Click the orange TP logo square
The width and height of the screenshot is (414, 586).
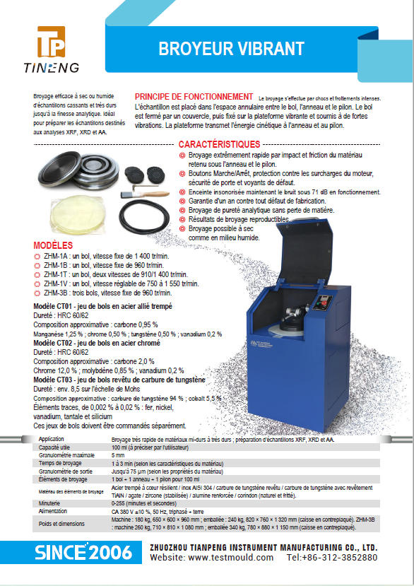(x=51, y=42)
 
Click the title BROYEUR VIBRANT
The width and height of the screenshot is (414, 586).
(x=231, y=49)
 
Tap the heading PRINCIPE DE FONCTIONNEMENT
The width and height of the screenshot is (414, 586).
(x=194, y=97)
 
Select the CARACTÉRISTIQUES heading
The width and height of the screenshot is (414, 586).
(x=219, y=144)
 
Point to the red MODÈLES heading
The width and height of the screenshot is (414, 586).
(x=53, y=245)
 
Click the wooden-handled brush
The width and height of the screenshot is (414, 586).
(x=145, y=194)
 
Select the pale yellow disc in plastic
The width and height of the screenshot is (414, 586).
(x=76, y=214)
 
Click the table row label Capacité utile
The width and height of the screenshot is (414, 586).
(x=54, y=447)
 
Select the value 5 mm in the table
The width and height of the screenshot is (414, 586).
(x=118, y=455)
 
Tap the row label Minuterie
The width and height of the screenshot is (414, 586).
(x=49, y=503)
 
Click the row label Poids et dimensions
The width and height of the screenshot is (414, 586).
(x=61, y=524)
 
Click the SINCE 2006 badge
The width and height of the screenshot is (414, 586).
(x=83, y=552)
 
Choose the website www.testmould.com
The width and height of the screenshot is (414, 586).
(x=231, y=558)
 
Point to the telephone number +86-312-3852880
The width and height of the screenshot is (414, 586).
(x=338, y=558)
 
